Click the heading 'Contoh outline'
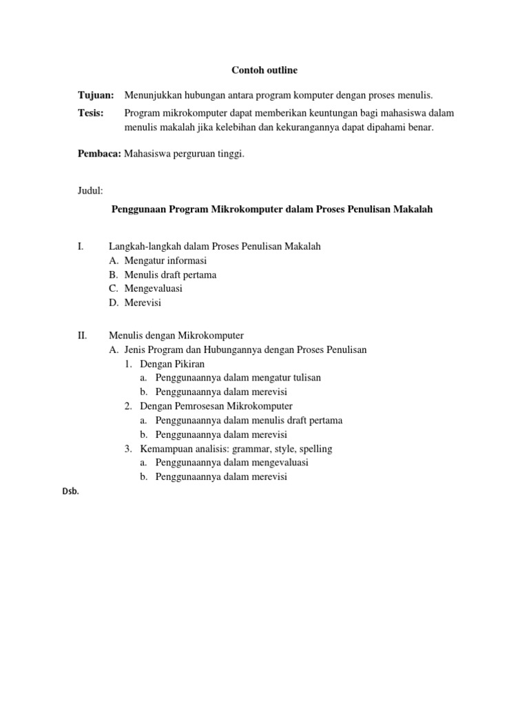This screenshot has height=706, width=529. tap(264, 70)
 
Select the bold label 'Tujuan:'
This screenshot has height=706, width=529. tap(95, 94)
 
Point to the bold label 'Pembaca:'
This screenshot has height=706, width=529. tap(98, 154)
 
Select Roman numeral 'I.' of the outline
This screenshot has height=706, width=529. tap(80, 245)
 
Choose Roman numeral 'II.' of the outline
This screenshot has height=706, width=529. tap(82, 336)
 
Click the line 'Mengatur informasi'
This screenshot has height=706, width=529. tap(165, 261)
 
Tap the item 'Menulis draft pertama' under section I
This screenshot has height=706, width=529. tap(170, 274)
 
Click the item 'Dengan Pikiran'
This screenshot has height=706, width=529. tap(172, 363)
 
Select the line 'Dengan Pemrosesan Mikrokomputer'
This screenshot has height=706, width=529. tap(216, 406)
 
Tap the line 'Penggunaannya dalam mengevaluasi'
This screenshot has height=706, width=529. tap(231, 463)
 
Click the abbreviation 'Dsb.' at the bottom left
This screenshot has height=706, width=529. tap(70, 492)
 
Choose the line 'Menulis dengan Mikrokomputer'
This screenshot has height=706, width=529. tap(176, 336)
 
